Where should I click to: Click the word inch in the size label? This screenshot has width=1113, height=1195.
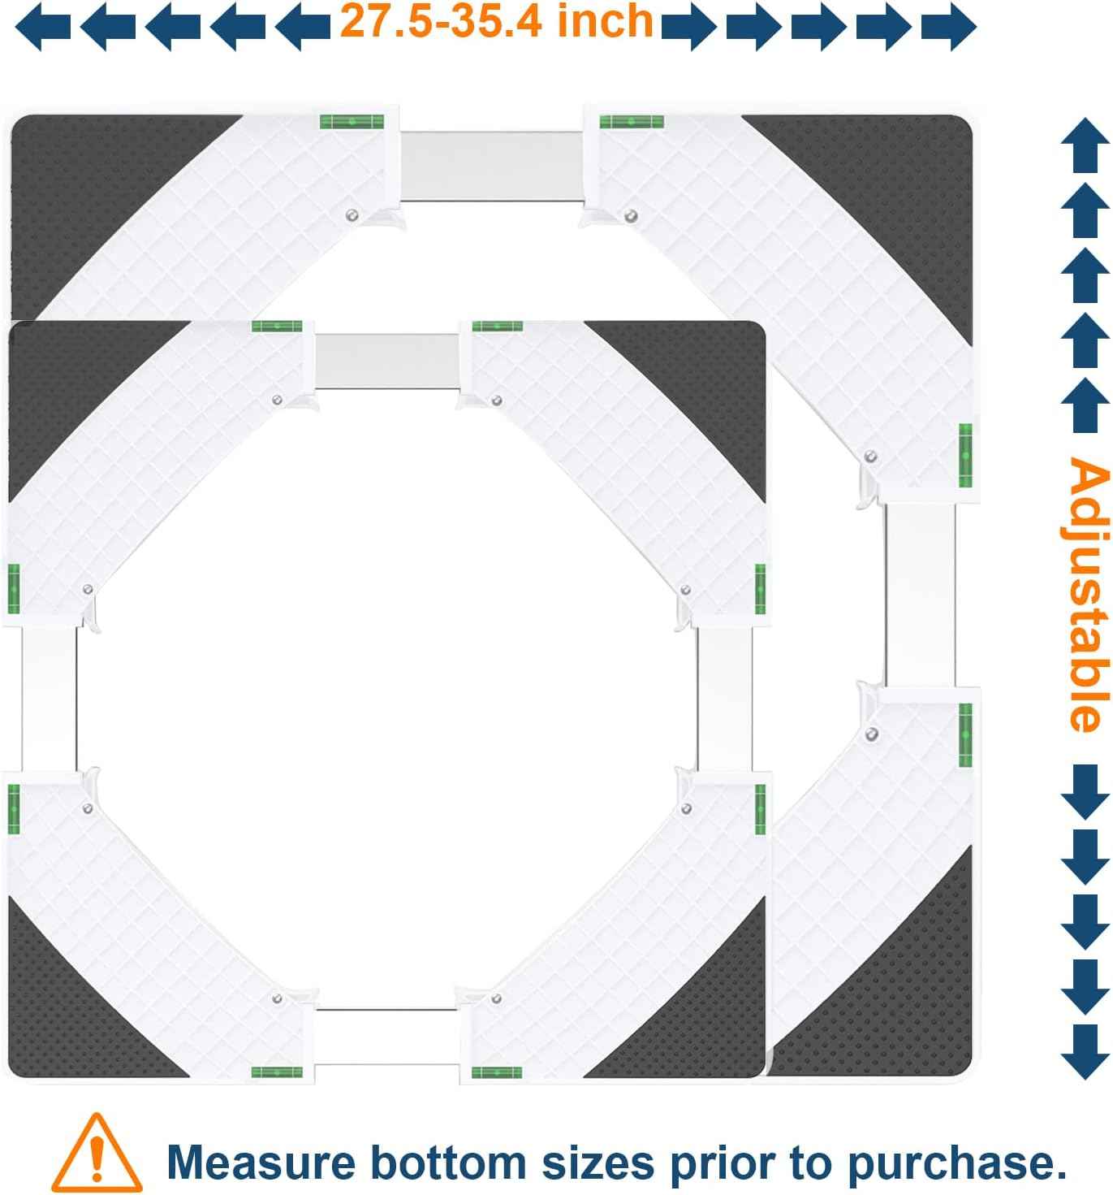605,21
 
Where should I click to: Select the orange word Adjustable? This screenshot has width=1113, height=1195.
1089,595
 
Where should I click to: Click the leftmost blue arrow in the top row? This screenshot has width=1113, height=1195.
43,27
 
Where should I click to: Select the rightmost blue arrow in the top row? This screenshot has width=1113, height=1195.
949,27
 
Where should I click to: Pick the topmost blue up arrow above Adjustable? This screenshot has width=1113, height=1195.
1085,145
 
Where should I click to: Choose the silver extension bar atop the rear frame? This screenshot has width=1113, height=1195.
492,166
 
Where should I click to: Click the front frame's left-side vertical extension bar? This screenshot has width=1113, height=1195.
49,698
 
